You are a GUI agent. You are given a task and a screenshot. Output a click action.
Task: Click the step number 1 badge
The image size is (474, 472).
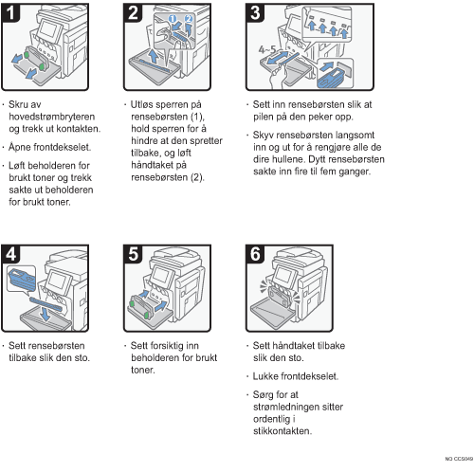pyautogui.click(x=10, y=12)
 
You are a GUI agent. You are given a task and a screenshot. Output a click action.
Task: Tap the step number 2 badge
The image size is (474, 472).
pyautogui.click(x=133, y=12)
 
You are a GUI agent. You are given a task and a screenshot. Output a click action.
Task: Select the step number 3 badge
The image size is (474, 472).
pyautogui.click(x=255, y=12)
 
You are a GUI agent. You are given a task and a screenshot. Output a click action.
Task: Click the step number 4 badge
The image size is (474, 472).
pyautogui.click(x=10, y=254)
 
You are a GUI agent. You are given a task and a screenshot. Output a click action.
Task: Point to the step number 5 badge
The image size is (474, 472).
pyautogui.click(x=133, y=254)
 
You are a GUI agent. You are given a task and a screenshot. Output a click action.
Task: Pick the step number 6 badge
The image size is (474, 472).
pyautogui.click(x=255, y=254)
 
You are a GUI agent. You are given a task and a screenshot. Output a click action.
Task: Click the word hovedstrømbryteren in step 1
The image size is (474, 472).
pyautogui.click(x=52, y=117)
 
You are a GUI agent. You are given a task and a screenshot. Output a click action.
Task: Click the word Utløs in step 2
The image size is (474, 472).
pyautogui.click(x=142, y=104)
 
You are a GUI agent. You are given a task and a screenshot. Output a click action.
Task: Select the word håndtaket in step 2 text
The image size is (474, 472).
pyautogui.click(x=158, y=165)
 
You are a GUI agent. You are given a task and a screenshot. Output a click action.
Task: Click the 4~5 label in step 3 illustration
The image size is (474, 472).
pyautogui.click(x=267, y=49)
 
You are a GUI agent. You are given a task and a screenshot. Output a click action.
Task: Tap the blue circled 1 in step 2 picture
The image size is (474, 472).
pyautogui.click(x=173, y=19)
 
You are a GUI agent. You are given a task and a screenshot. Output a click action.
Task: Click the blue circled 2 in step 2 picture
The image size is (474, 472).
pyautogui.click(x=189, y=19)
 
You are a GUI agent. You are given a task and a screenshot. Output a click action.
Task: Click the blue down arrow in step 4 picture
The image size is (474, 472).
pyautogui.click(x=46, y=314)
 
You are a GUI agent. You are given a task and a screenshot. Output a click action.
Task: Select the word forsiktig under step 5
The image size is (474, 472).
pyautogui.click(x=164, y=346)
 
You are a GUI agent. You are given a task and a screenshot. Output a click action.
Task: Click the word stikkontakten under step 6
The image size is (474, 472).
pyautogui.click(x=283, y=431)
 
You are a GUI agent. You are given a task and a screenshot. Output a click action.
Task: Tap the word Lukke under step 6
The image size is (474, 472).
pyautogui.click(x=265, y=376)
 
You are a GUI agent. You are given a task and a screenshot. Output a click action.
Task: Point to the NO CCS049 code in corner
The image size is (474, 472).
pyautogui.click(x=459, y=459)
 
